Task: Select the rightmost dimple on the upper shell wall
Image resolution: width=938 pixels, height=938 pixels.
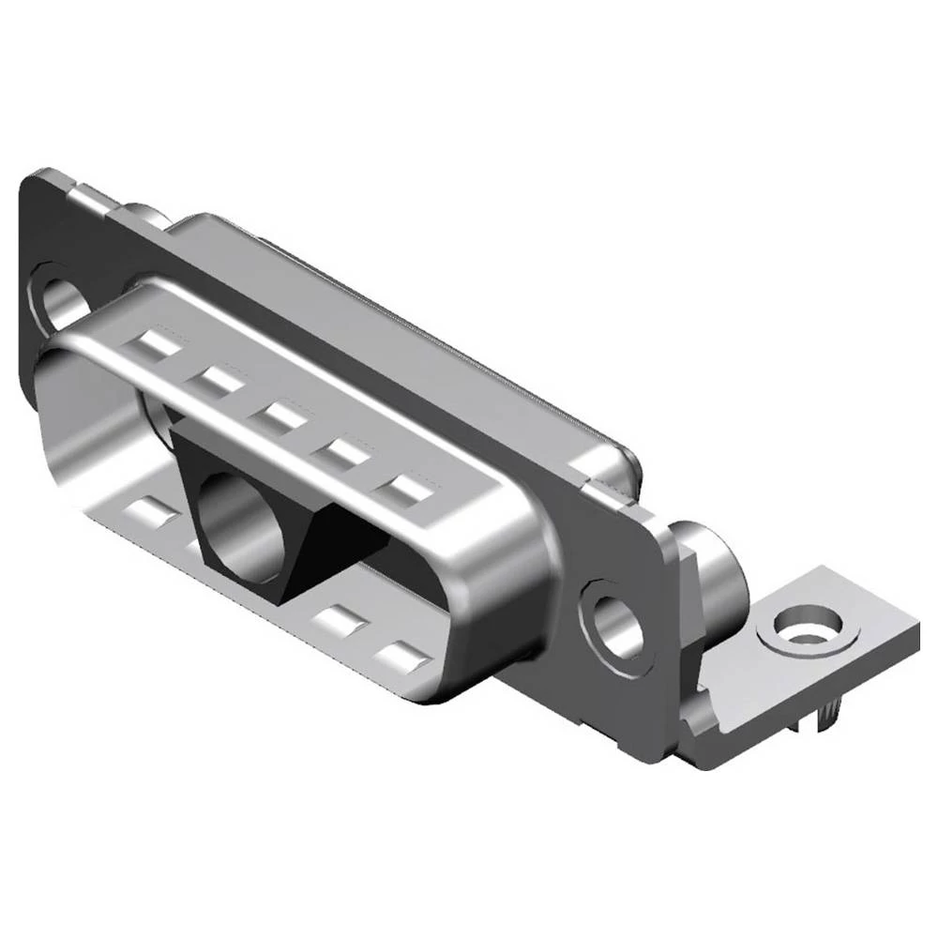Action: [406, 490]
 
